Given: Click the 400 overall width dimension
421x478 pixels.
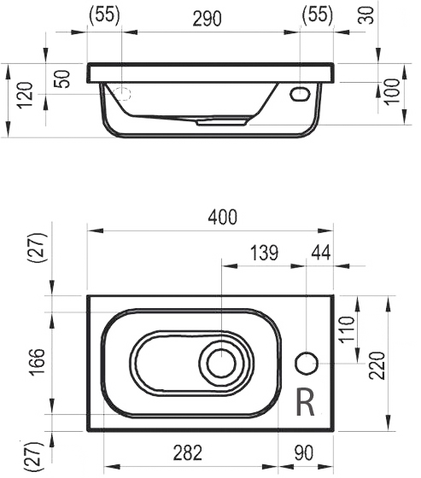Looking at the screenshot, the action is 222,217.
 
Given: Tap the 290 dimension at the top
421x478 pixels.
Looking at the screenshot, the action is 207,18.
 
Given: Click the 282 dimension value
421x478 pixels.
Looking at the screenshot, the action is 188,452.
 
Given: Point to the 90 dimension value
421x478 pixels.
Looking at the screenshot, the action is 304,452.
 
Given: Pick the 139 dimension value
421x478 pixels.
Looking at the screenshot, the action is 264,253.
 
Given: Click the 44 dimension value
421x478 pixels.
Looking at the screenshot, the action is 321,253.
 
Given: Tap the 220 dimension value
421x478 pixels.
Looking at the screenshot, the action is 377,365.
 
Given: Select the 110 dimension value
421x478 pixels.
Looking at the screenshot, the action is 348,329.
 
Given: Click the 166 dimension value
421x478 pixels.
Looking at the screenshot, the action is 38,362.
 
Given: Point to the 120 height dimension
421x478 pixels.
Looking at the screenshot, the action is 25,95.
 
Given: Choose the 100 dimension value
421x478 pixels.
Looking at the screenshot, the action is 392,92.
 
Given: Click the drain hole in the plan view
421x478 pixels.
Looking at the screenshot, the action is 221,363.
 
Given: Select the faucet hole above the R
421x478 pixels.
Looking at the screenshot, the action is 307,363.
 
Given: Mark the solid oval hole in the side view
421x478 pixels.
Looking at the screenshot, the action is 300,94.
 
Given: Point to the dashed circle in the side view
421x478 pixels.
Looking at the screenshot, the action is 122,94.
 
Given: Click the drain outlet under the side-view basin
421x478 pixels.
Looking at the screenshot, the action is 221,122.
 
